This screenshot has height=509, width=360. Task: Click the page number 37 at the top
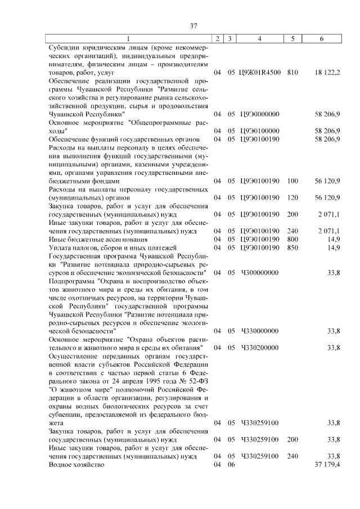193,26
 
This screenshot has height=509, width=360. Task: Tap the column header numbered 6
321,39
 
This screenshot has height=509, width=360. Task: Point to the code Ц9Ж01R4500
260,73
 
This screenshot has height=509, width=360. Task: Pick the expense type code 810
292,73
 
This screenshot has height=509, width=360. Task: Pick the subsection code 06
231,465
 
